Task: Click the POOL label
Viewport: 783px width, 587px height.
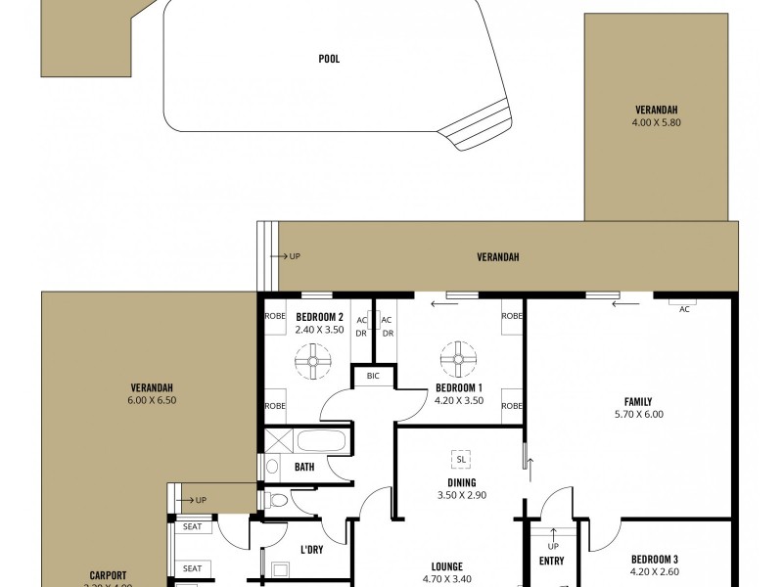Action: pyautogui.click(x=329, y=59)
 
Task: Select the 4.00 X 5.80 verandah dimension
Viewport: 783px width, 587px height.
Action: pyautogui.click(x=656, y=123)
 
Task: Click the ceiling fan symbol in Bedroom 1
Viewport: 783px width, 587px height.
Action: pyautogui.click(x=456, y=359)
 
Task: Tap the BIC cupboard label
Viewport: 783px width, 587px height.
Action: pyautogui.click(x=373, y=376)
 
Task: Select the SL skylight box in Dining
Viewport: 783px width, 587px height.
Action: pyautogui.click(x=460, y=458)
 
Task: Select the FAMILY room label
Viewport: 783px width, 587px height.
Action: pyautogui.click(x=638, y=401)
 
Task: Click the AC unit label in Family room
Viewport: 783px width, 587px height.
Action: pyautogui.click(x=684, y=308)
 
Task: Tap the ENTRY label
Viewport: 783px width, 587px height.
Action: pyautogui.click(x=551, y=562)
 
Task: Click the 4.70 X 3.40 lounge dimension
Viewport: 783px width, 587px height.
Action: pyautogui.click(x=446, y=579)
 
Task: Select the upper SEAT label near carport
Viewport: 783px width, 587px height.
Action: pyautogui.click(x=193, y=527)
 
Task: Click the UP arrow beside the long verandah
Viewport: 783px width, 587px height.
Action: pyautogui.click(x=293, y=257)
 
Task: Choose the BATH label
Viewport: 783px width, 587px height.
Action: pyautogui.click(x=304, y=467)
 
